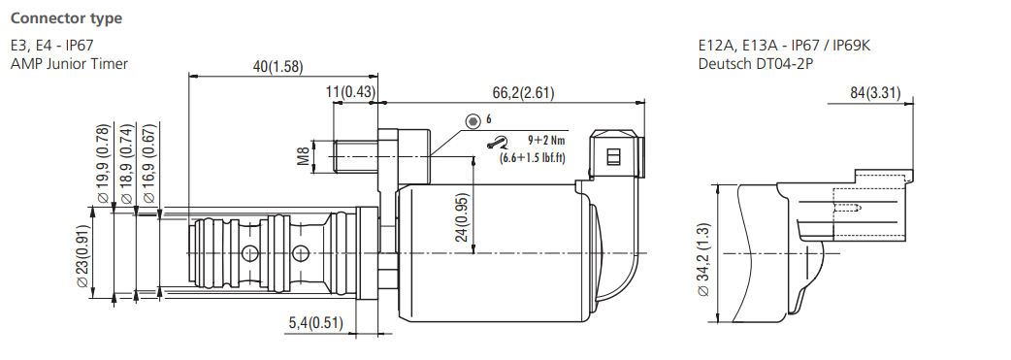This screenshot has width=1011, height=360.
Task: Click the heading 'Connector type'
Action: tap(66, 18)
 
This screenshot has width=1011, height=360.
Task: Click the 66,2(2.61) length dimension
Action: tap(522, 92)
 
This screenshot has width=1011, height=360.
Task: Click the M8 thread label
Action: tap(303, 156)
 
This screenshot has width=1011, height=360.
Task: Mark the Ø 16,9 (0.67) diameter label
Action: tap(148, 164)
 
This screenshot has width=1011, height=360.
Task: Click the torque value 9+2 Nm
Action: tap(535, 140)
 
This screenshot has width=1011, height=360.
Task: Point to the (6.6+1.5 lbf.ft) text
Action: tap(533, 157)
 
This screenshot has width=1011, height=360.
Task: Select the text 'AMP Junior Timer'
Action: tap(69, 64)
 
